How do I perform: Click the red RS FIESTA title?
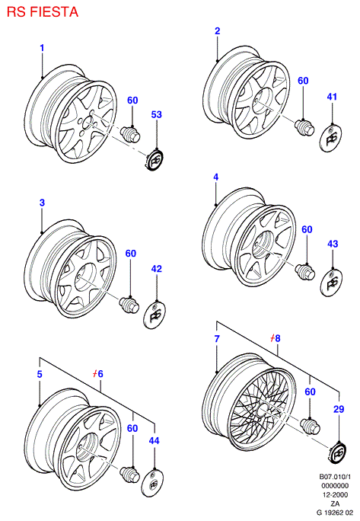point(43,12)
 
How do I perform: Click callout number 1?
point(42,48)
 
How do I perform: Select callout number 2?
point(217,31)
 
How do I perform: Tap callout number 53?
point(157,114)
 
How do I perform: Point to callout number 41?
point(332,97)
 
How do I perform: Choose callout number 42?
point(157,269)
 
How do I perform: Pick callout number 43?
point(333,244)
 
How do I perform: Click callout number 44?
point(154,441)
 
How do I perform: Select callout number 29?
point(339,409)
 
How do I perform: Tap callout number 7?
point(217,339)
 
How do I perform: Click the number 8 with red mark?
point(276,338)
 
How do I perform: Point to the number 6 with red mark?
point(98,374)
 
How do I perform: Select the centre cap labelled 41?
point(331,138)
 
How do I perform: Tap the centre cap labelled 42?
point(155,315)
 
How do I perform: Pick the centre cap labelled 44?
point(152,483)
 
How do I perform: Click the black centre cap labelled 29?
point(338,452)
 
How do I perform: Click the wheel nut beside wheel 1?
point(130,135)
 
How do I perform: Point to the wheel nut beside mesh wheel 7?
point(311,427)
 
